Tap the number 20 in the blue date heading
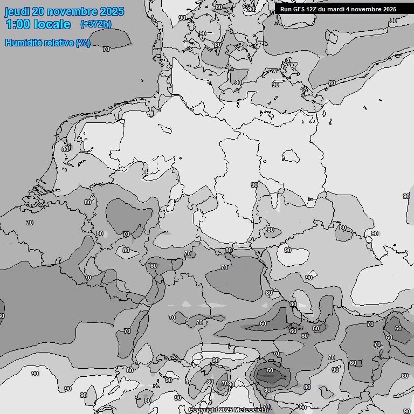coord(38,11)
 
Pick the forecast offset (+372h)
coord(95,24)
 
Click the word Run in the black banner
coord(286,9)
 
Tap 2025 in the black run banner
coord(388,9)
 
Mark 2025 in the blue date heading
coord(112,11)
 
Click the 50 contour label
coord(270,371)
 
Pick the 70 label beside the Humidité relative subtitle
coord(106,49)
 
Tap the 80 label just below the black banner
coord(394,20)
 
